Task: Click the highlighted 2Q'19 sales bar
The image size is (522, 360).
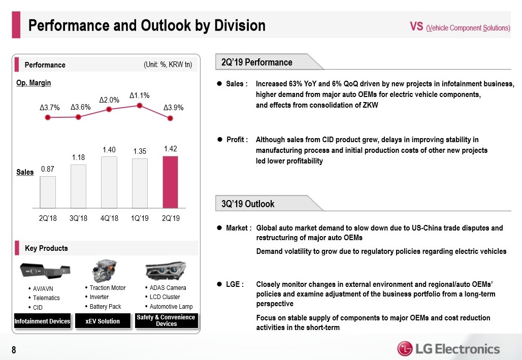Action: [170, 182]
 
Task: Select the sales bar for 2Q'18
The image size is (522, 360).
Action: [48, 192]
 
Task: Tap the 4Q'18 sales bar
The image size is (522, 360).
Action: [109, 182]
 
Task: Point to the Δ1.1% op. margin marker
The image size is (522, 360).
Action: [140, 106]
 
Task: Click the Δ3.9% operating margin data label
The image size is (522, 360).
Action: [174, 108]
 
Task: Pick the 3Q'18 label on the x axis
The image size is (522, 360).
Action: [78, 218]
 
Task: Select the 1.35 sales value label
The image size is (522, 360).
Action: [140, 151]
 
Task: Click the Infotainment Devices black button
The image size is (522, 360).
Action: [42, 321]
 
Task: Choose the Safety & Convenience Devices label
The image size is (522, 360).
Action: [166, 320]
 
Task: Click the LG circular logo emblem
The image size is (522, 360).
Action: [405, 349]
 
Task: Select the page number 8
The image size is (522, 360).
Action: [14, 349]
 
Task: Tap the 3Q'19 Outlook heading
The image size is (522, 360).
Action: [248, 204]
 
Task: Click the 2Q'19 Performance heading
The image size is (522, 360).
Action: [257, 62]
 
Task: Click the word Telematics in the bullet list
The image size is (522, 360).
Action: [46, 298]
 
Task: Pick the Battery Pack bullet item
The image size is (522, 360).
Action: [105, 307]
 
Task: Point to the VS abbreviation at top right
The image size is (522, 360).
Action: [416, 27]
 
